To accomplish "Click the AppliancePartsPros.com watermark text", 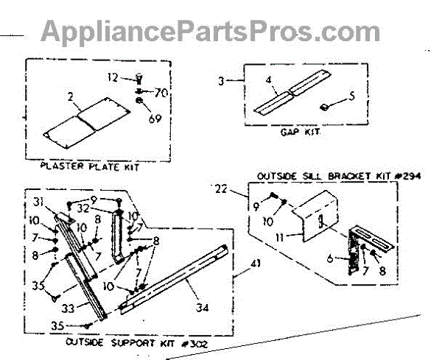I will pyautogui.click(x=210, y=32).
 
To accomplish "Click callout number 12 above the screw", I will pyautogui.click(x=113, y=77).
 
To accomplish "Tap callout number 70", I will pyautogui.click(x=161, y=92).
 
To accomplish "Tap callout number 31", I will pyautogui.click(x=38, y=203).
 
